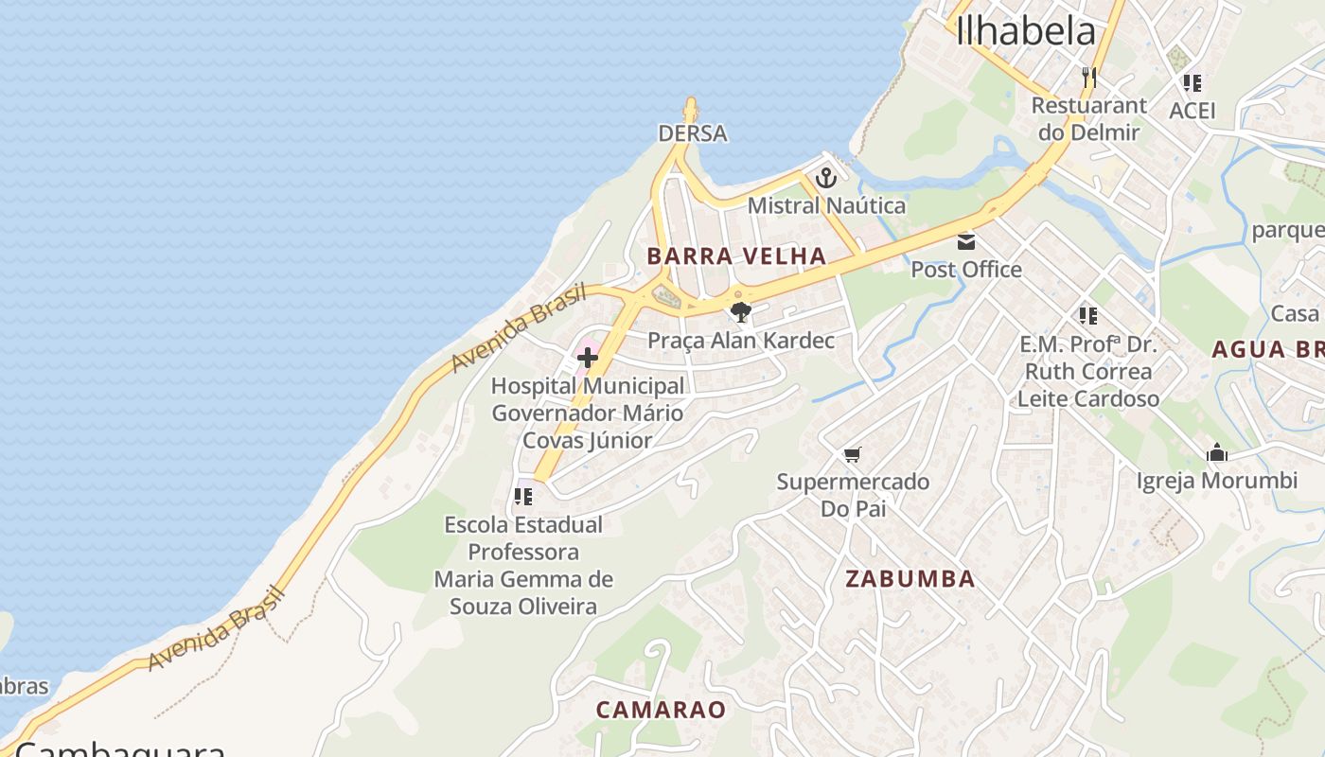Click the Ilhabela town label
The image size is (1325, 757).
pos(1026,32)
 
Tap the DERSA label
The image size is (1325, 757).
pos(693,133)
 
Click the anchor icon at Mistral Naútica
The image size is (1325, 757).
pos(826,177)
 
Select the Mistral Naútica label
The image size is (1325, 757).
pos(826,205)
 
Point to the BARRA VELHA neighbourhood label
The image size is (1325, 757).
pos(737,255)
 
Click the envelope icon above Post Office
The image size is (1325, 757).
pos(966,241)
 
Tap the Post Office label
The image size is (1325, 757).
pos(966,270)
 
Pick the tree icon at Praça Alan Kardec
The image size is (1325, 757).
pos(740,311)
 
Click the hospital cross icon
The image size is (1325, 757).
pos(588,358)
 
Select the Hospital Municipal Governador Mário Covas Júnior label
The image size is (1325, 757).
pos(588,413)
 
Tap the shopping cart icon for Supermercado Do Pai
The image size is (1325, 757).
pos(852,455)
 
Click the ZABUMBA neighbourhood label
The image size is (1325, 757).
pos(910,579)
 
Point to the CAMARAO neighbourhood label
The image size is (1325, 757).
pos(661,710)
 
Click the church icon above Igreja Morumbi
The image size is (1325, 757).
pos(1217,453)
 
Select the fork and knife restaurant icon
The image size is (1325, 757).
pos(1088,77)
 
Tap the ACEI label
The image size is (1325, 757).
pos(1192,111)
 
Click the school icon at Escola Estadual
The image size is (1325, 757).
pos(523,496)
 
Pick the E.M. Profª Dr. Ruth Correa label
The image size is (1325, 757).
pos(1088,371)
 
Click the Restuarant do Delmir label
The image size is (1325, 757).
pos(1088,118)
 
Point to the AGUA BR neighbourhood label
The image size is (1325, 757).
pos(1268,349)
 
